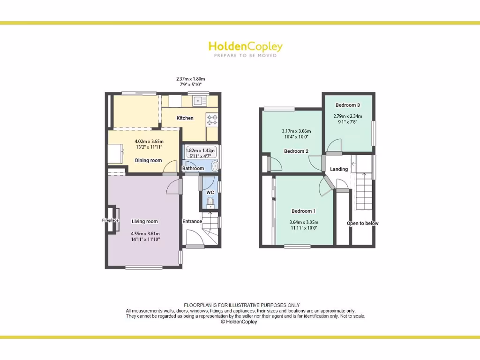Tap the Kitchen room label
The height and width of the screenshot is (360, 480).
coord(185,118)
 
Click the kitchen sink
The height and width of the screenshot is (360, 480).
coord(199,100)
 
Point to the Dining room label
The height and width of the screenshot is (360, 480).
coord(148,160)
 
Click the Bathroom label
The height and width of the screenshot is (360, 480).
coord(193,168)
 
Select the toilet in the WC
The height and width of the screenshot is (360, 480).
coord(210,202)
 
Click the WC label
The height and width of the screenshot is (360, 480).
coord(210,192)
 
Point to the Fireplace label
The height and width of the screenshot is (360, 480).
coord(111,220)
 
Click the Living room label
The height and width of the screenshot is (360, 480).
coord(144,221)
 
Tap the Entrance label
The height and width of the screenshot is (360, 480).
coord(192,221)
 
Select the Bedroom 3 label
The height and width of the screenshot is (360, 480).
coord(348,105)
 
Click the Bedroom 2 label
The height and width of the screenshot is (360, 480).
coord(296,151)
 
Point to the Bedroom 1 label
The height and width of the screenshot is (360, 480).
coord(304,211)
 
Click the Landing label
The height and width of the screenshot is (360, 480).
coord(339,169)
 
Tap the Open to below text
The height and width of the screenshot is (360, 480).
coord(362,223)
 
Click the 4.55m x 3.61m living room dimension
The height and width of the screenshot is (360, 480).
coord(145,237)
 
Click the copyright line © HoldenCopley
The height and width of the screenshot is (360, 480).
coord(239,322)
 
